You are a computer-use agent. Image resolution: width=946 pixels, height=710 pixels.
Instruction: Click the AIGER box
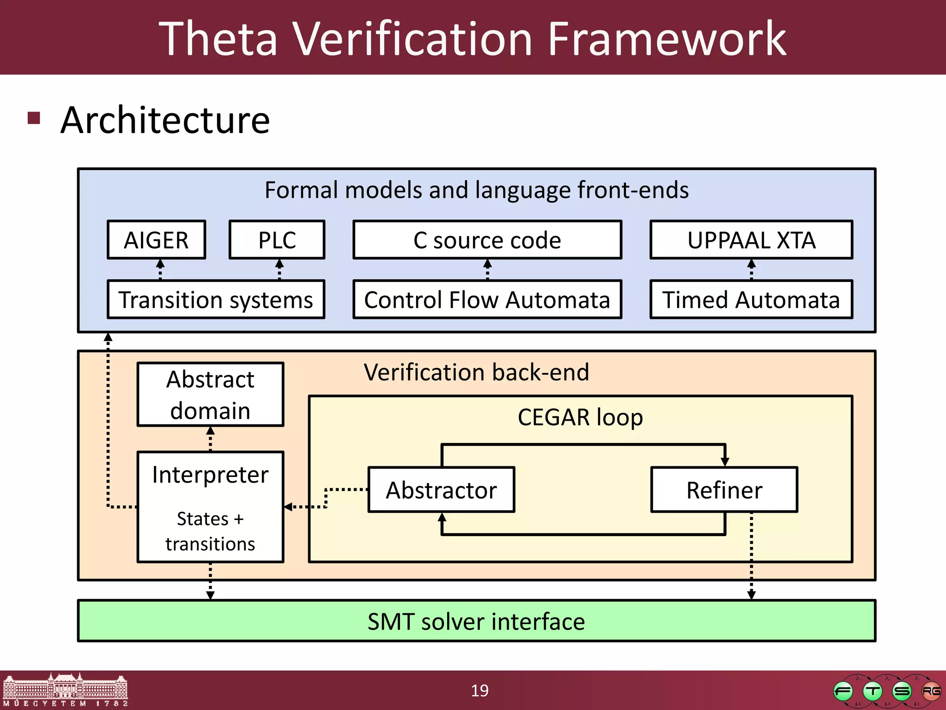click(156, 240)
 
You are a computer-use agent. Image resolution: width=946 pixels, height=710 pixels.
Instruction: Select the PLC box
click(277, 240)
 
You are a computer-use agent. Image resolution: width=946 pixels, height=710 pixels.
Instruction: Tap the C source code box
click(487, 240)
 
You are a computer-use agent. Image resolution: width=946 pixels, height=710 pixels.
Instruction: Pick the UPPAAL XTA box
click(751, 240)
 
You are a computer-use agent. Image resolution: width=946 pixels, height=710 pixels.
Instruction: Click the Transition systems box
click(216, 300)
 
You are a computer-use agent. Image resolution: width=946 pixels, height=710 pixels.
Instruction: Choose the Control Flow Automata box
click(487, 300)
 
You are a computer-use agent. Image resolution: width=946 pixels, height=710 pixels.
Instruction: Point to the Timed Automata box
click(751, 300)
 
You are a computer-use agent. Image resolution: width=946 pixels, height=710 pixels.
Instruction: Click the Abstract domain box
click(210, 394)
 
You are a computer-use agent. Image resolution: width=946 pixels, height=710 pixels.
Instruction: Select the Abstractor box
click(441, 490)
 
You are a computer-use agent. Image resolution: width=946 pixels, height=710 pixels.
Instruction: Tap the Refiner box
click(724, 490)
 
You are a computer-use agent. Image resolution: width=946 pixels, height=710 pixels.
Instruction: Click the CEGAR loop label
click(580, 417)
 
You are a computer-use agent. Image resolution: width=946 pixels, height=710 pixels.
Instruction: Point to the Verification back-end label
click(476, 372)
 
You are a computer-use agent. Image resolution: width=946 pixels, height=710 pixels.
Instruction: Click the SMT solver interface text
click(476, 621)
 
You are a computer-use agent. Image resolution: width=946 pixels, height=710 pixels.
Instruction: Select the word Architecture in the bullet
click(165, 120)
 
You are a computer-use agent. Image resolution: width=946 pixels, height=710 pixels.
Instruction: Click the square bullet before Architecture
click(34, 118)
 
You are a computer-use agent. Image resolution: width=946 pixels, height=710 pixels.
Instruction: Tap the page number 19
click(479, 691)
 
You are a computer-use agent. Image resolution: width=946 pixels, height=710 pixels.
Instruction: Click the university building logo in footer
click(65, 690)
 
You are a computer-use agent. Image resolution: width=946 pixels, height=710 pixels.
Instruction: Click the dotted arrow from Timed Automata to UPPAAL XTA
click(752, 269)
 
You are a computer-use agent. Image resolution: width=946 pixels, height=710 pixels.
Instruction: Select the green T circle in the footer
click(872, 692)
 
